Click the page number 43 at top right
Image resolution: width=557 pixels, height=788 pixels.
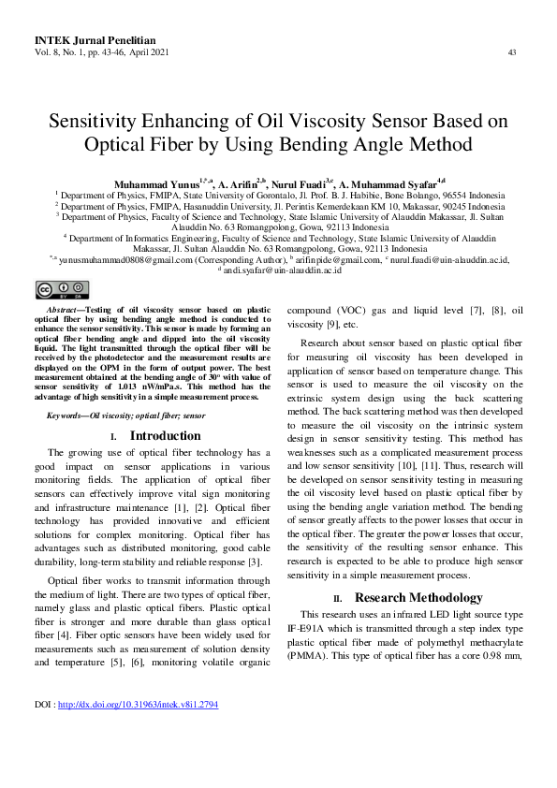[512, 52]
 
